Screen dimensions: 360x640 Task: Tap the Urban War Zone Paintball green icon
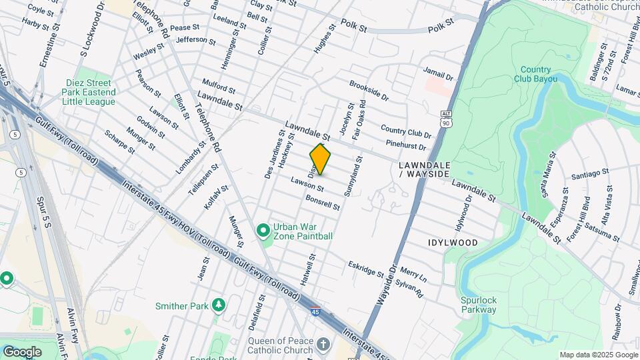(263, 231)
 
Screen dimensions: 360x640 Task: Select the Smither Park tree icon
(219, 305)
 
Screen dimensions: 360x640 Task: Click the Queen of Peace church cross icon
(323, 345)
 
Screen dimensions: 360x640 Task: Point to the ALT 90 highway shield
(446, 120)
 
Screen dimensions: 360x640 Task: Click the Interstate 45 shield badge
(314, 311)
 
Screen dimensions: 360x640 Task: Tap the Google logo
(21, 351)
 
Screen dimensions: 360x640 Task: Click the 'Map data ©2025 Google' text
(598, 355)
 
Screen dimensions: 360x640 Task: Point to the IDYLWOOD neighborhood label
(453, 243)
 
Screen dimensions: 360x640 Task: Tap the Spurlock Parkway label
(478, 305)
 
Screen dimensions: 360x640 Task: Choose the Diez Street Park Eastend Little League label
(88, 92)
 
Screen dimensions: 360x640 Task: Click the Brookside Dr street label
(369, 91)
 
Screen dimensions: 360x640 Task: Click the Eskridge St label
(366, 269)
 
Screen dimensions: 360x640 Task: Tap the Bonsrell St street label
(323, 203)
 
